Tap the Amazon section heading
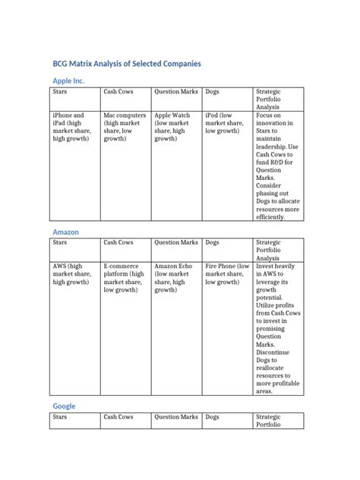point(65,231)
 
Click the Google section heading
point(64,406)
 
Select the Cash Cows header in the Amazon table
point(118,242)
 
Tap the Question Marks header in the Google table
point(176,417)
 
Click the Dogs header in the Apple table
point(213,92)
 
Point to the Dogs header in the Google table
point(213,417)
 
